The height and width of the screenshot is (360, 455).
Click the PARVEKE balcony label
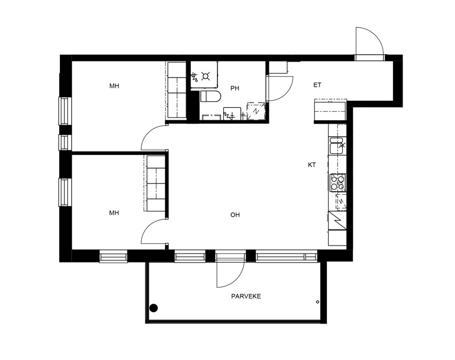[246, 296]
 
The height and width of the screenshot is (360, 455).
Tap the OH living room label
[235, 215]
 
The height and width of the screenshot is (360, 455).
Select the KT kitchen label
[311, 165]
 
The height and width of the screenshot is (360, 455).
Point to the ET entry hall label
[317, 85]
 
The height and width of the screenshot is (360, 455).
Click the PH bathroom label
[235, 88]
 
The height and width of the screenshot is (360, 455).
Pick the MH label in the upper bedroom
[114, 86]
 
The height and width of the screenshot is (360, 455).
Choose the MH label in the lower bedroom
[114, 213]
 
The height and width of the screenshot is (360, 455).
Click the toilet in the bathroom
[211, 96]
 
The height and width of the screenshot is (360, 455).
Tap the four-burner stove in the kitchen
[338, 182]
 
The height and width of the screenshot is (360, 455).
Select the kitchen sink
[338, 145]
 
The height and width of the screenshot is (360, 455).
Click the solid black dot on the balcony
[154, 308]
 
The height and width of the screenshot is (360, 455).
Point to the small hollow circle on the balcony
[317, 302]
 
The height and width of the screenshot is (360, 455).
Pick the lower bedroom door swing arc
[148, 227]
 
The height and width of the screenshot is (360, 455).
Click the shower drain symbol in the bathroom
[206, 76]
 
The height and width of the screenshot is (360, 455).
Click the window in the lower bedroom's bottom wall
[113, 257]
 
